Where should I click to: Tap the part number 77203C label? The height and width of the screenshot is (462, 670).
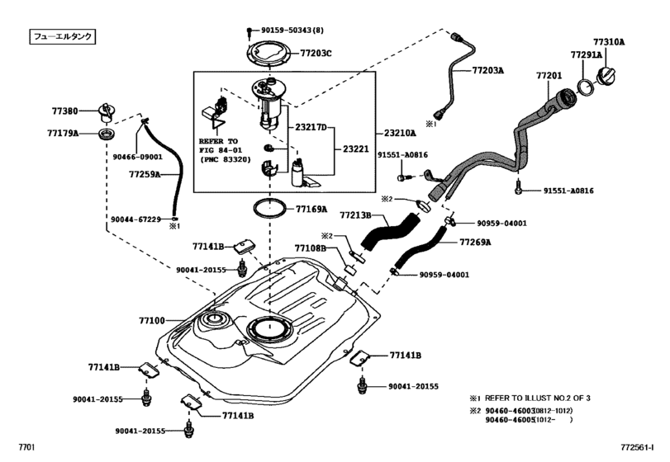point(316,53)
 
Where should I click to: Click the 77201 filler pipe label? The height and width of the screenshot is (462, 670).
point(549,75)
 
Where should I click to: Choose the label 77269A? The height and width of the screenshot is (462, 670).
point(475,243)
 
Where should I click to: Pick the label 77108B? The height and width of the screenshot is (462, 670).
point(311,247)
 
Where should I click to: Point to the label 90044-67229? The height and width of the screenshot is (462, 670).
point(135,219)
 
